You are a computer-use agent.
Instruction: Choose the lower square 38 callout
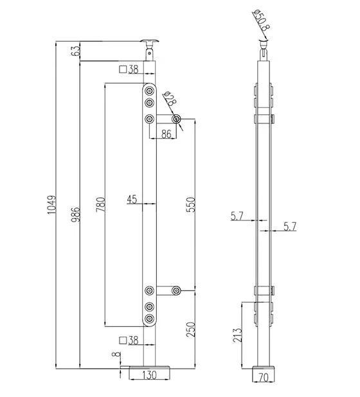tap(129, 340)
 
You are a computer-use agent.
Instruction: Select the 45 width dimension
tap(132, 200)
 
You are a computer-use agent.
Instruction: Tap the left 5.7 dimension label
tap(237, 216)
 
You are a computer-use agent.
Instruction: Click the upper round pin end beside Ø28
tap(176, 119)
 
